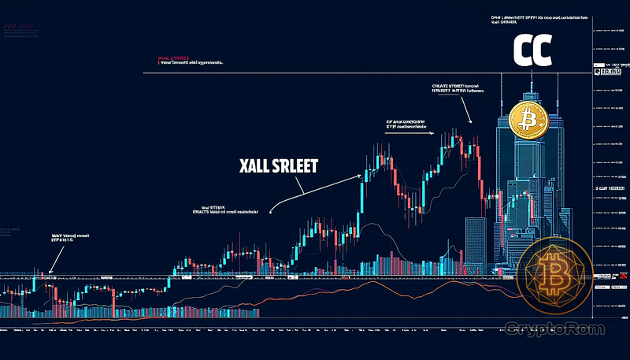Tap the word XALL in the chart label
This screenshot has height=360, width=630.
pyautogui.click(x=258, y=167)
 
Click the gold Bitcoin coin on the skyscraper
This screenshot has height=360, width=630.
pyautogui.click(x=528, y=120)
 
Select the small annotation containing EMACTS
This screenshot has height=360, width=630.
pyautogui.click(x=229, y=209)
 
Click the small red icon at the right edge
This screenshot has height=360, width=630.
pyautogui.click(x=621, y=276)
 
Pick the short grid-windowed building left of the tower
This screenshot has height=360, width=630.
pyautogui.click(x=476, y=244)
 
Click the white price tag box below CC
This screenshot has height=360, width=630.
pyautogui.click(x=607, y=72)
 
